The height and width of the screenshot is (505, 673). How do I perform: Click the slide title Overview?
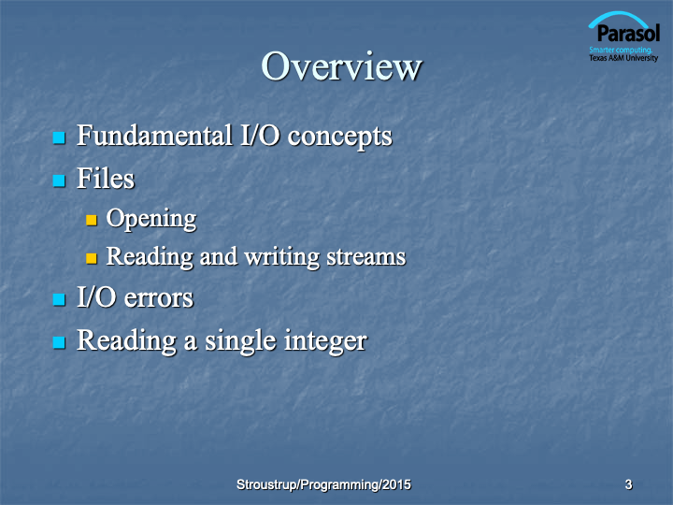[x=342, y=66]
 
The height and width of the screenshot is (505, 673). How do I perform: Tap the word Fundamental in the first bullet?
[x=154, y=136]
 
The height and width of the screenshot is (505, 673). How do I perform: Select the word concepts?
[x=339, y=137]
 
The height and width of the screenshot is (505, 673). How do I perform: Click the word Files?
[x=106, y=178]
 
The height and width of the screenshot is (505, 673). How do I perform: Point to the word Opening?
[x=151, y=220]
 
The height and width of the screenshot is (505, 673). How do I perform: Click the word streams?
[x=366, y=257]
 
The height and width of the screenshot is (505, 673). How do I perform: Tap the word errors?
[x=158, y=298]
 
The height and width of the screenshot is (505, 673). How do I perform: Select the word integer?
[x=326, y=341]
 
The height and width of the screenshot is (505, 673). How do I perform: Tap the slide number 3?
[x=628, y=484]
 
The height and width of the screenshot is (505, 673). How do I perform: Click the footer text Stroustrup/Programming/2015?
[x=323, y=484]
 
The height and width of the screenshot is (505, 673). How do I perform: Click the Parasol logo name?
[x=628, y=33]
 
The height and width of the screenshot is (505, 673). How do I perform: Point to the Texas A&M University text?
[x=623, y=58]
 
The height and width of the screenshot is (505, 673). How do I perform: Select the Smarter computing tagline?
[x=621, y=50]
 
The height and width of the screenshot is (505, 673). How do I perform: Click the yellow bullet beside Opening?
[x=92, y=221]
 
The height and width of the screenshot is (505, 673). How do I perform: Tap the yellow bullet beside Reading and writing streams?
[x=92, y=258]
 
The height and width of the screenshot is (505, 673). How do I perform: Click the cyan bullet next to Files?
[x=59, y=180]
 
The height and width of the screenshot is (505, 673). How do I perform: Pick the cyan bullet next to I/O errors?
[x=59, y=299]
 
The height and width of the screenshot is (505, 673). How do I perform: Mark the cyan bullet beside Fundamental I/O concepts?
[x=59, y=137]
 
